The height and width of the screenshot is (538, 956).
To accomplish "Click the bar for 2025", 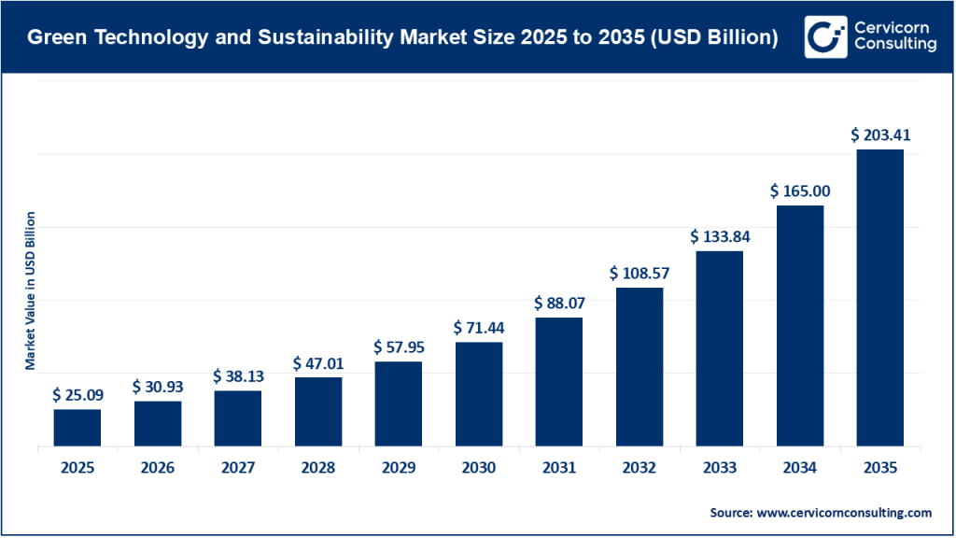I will [x=77, y=428].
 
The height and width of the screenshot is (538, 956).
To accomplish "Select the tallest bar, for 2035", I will [x=879, y=297].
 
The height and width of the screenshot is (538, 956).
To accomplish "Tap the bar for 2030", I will [x=478, y=394].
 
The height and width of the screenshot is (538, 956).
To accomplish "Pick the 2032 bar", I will [x=639, y=367].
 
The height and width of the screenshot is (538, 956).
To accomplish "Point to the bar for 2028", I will [x=317, y=411].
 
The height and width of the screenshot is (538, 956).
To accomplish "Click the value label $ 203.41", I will [x=879, y=134].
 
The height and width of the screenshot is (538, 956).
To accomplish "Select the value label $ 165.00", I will [x=799, y=191].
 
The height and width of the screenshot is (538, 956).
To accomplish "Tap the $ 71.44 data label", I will [x=478, y=328].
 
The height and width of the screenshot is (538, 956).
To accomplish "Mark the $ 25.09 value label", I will [x=77, y=395].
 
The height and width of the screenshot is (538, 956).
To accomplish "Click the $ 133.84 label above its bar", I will [x=720, y=236].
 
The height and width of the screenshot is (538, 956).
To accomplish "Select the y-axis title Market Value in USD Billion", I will [x=31, y=290].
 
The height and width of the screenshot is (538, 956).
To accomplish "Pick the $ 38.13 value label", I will [x=237, y=376].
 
